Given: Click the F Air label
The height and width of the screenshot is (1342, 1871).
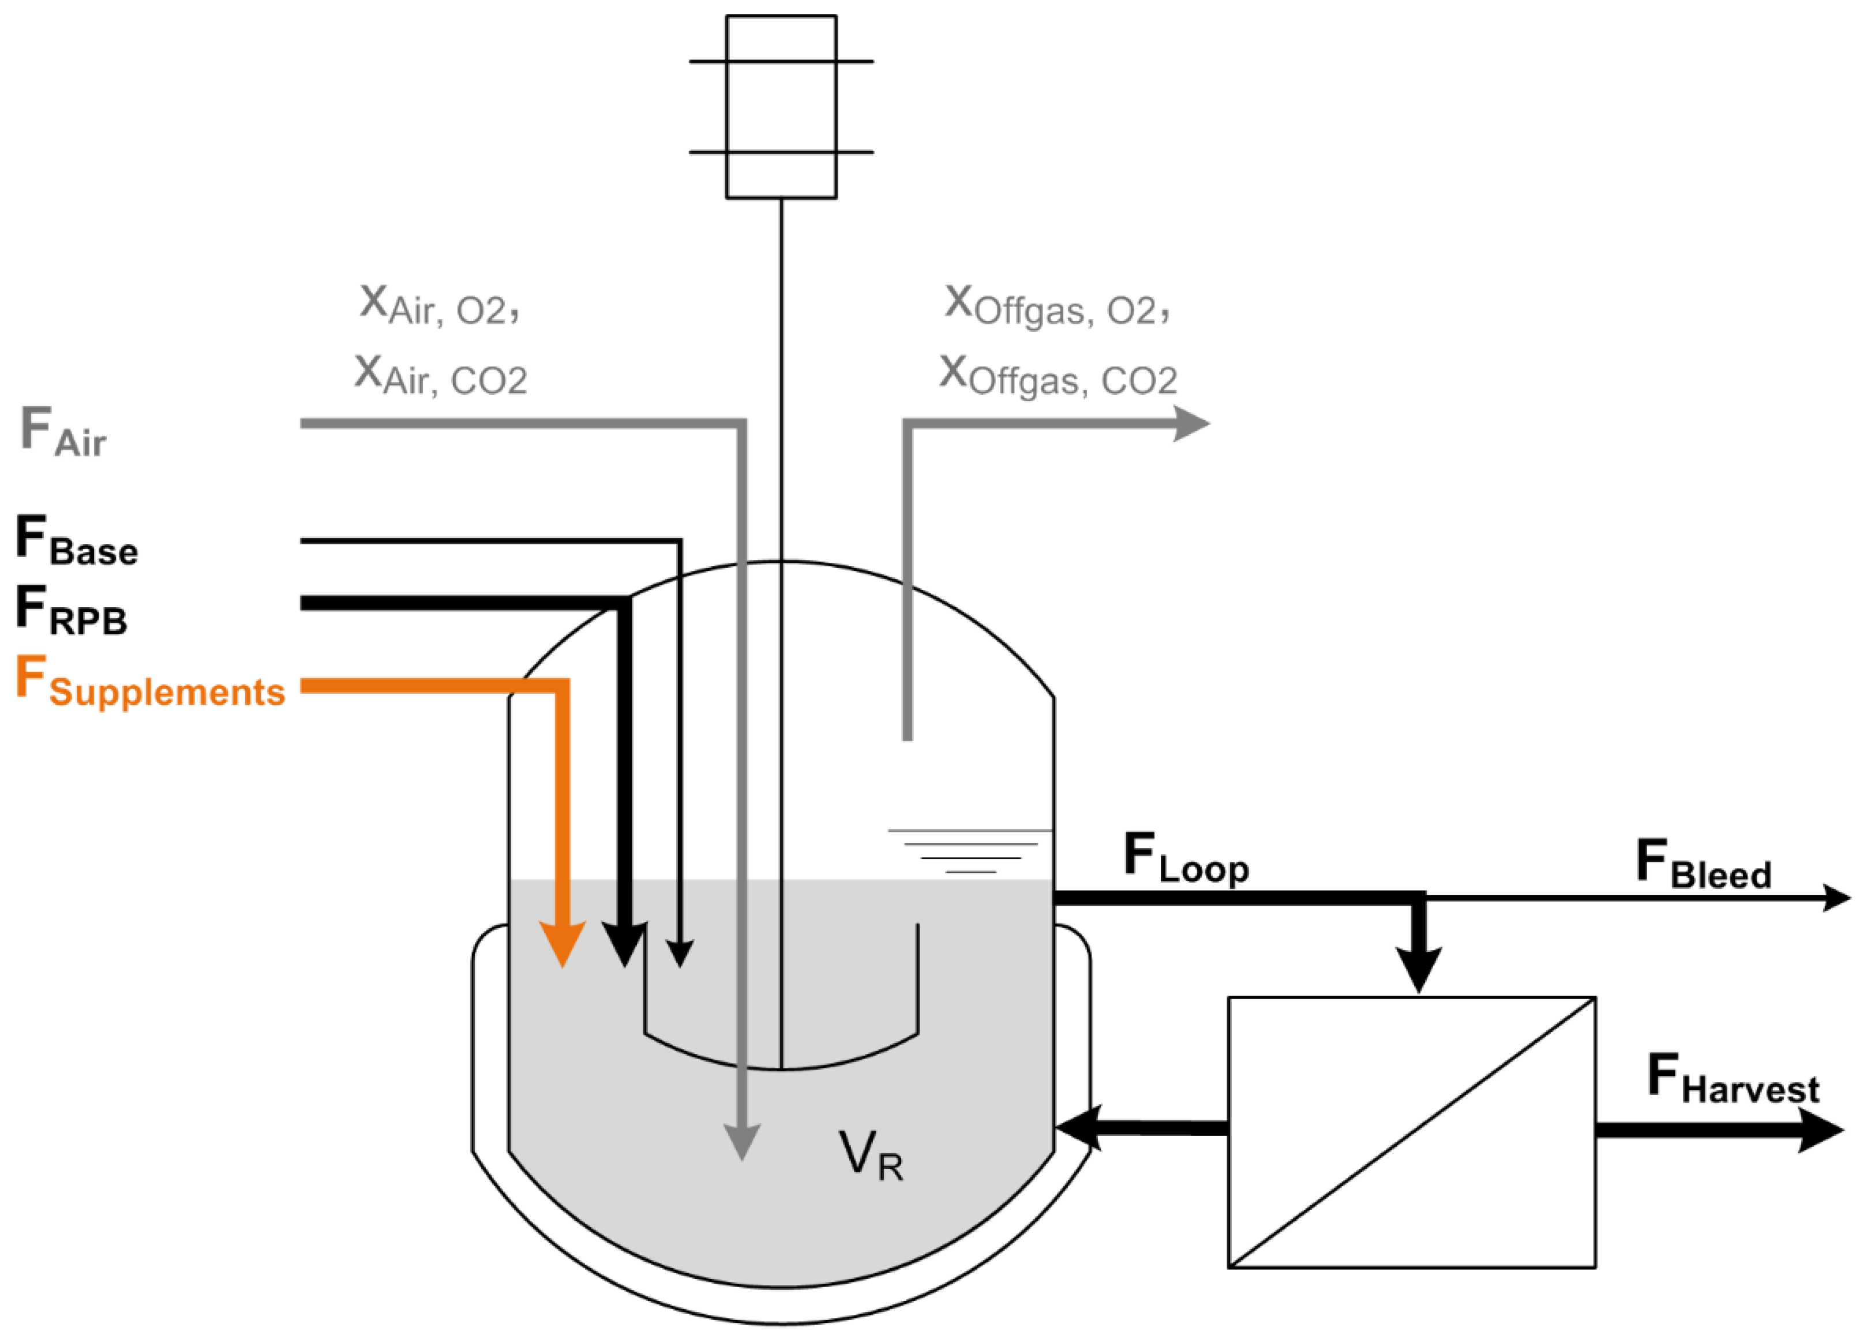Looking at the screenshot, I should [x=63, y=432].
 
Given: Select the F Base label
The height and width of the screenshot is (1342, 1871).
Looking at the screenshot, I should [x=76, y=541].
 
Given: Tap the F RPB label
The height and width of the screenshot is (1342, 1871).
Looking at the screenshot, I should [x=71, y=611].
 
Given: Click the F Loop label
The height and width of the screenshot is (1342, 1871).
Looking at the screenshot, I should [x=1186, y=858].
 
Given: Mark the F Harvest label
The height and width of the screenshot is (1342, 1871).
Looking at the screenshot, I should [x=1733, y=1079].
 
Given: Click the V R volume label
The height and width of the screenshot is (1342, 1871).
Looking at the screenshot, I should [x=871, y=1156].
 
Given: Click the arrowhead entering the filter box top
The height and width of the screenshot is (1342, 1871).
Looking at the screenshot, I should [x=1418, y=969].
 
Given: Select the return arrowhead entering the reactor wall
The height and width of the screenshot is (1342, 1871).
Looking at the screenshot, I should [x=1077, y=1127].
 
